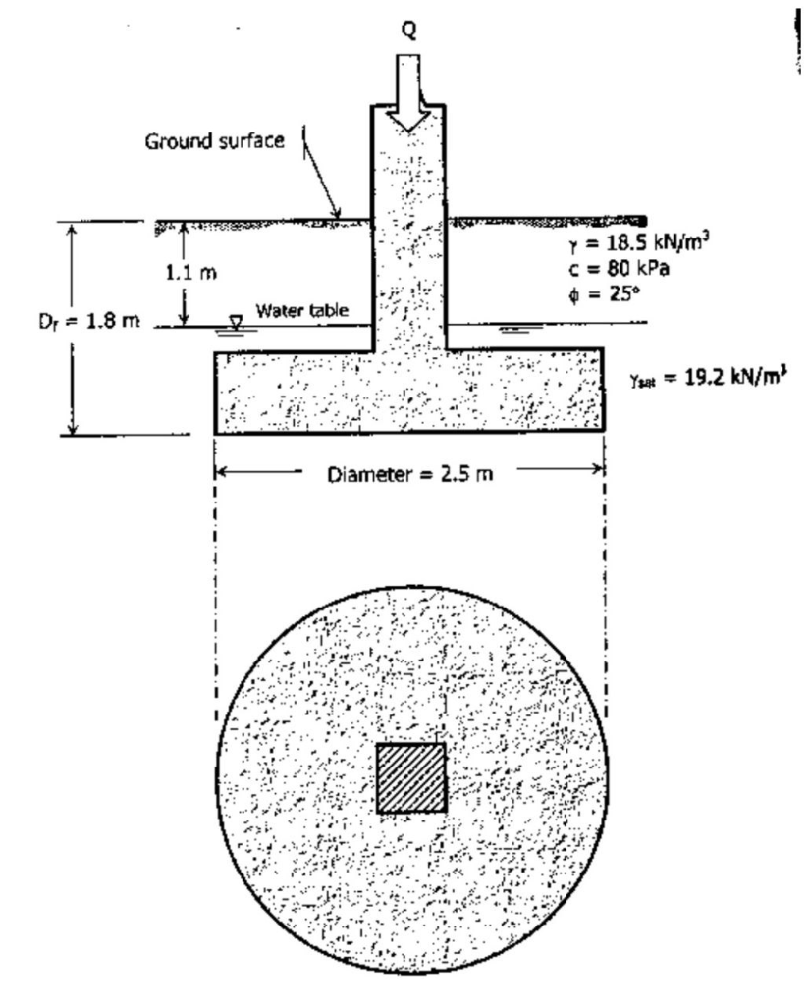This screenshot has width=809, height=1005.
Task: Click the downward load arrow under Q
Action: [409, 93]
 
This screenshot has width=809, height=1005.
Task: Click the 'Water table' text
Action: [301, 311]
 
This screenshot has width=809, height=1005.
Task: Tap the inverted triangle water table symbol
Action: [235, 321]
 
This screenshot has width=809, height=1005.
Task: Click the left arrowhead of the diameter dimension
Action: [222, 472]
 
